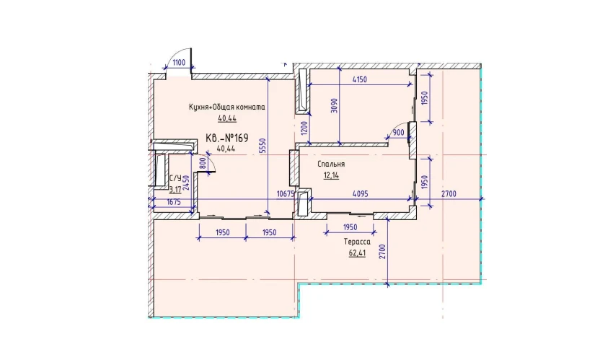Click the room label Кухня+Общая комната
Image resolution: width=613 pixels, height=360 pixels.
(x=226, y=107)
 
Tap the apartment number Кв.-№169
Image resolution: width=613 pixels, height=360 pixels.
(x=227, y=138)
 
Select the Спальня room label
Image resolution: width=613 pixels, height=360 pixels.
(x=331, y=164)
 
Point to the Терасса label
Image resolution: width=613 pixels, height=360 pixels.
(x=357, y=242)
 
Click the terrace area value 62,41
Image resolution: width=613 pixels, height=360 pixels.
(x=357, y=253)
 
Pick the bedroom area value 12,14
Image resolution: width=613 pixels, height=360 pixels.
(x=331, y=175)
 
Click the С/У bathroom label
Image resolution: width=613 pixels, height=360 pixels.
(x=175, y=179)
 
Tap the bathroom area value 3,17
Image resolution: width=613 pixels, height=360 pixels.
(x=175, y=190)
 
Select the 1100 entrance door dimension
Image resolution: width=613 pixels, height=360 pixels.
(x=179, y=63)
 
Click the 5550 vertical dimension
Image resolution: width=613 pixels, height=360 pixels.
(x=263, y=146)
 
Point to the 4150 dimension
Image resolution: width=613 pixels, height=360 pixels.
(x=360, y=79)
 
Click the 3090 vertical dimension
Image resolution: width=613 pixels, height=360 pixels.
(x=334, y=105)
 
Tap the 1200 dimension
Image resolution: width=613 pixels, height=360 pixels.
(x=305, y=128)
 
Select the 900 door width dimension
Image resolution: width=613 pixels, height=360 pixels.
(x=398, y=133)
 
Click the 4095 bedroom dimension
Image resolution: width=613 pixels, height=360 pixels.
(x=360, y=193)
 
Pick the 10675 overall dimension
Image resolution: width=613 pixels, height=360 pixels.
(x=286, y=193)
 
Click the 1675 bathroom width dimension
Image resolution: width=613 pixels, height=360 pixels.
(x=173, y=202)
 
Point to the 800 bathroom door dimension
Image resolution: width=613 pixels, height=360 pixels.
(x=202, y=162)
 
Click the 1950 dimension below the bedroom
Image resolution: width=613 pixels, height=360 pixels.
(x=350, y=227)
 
